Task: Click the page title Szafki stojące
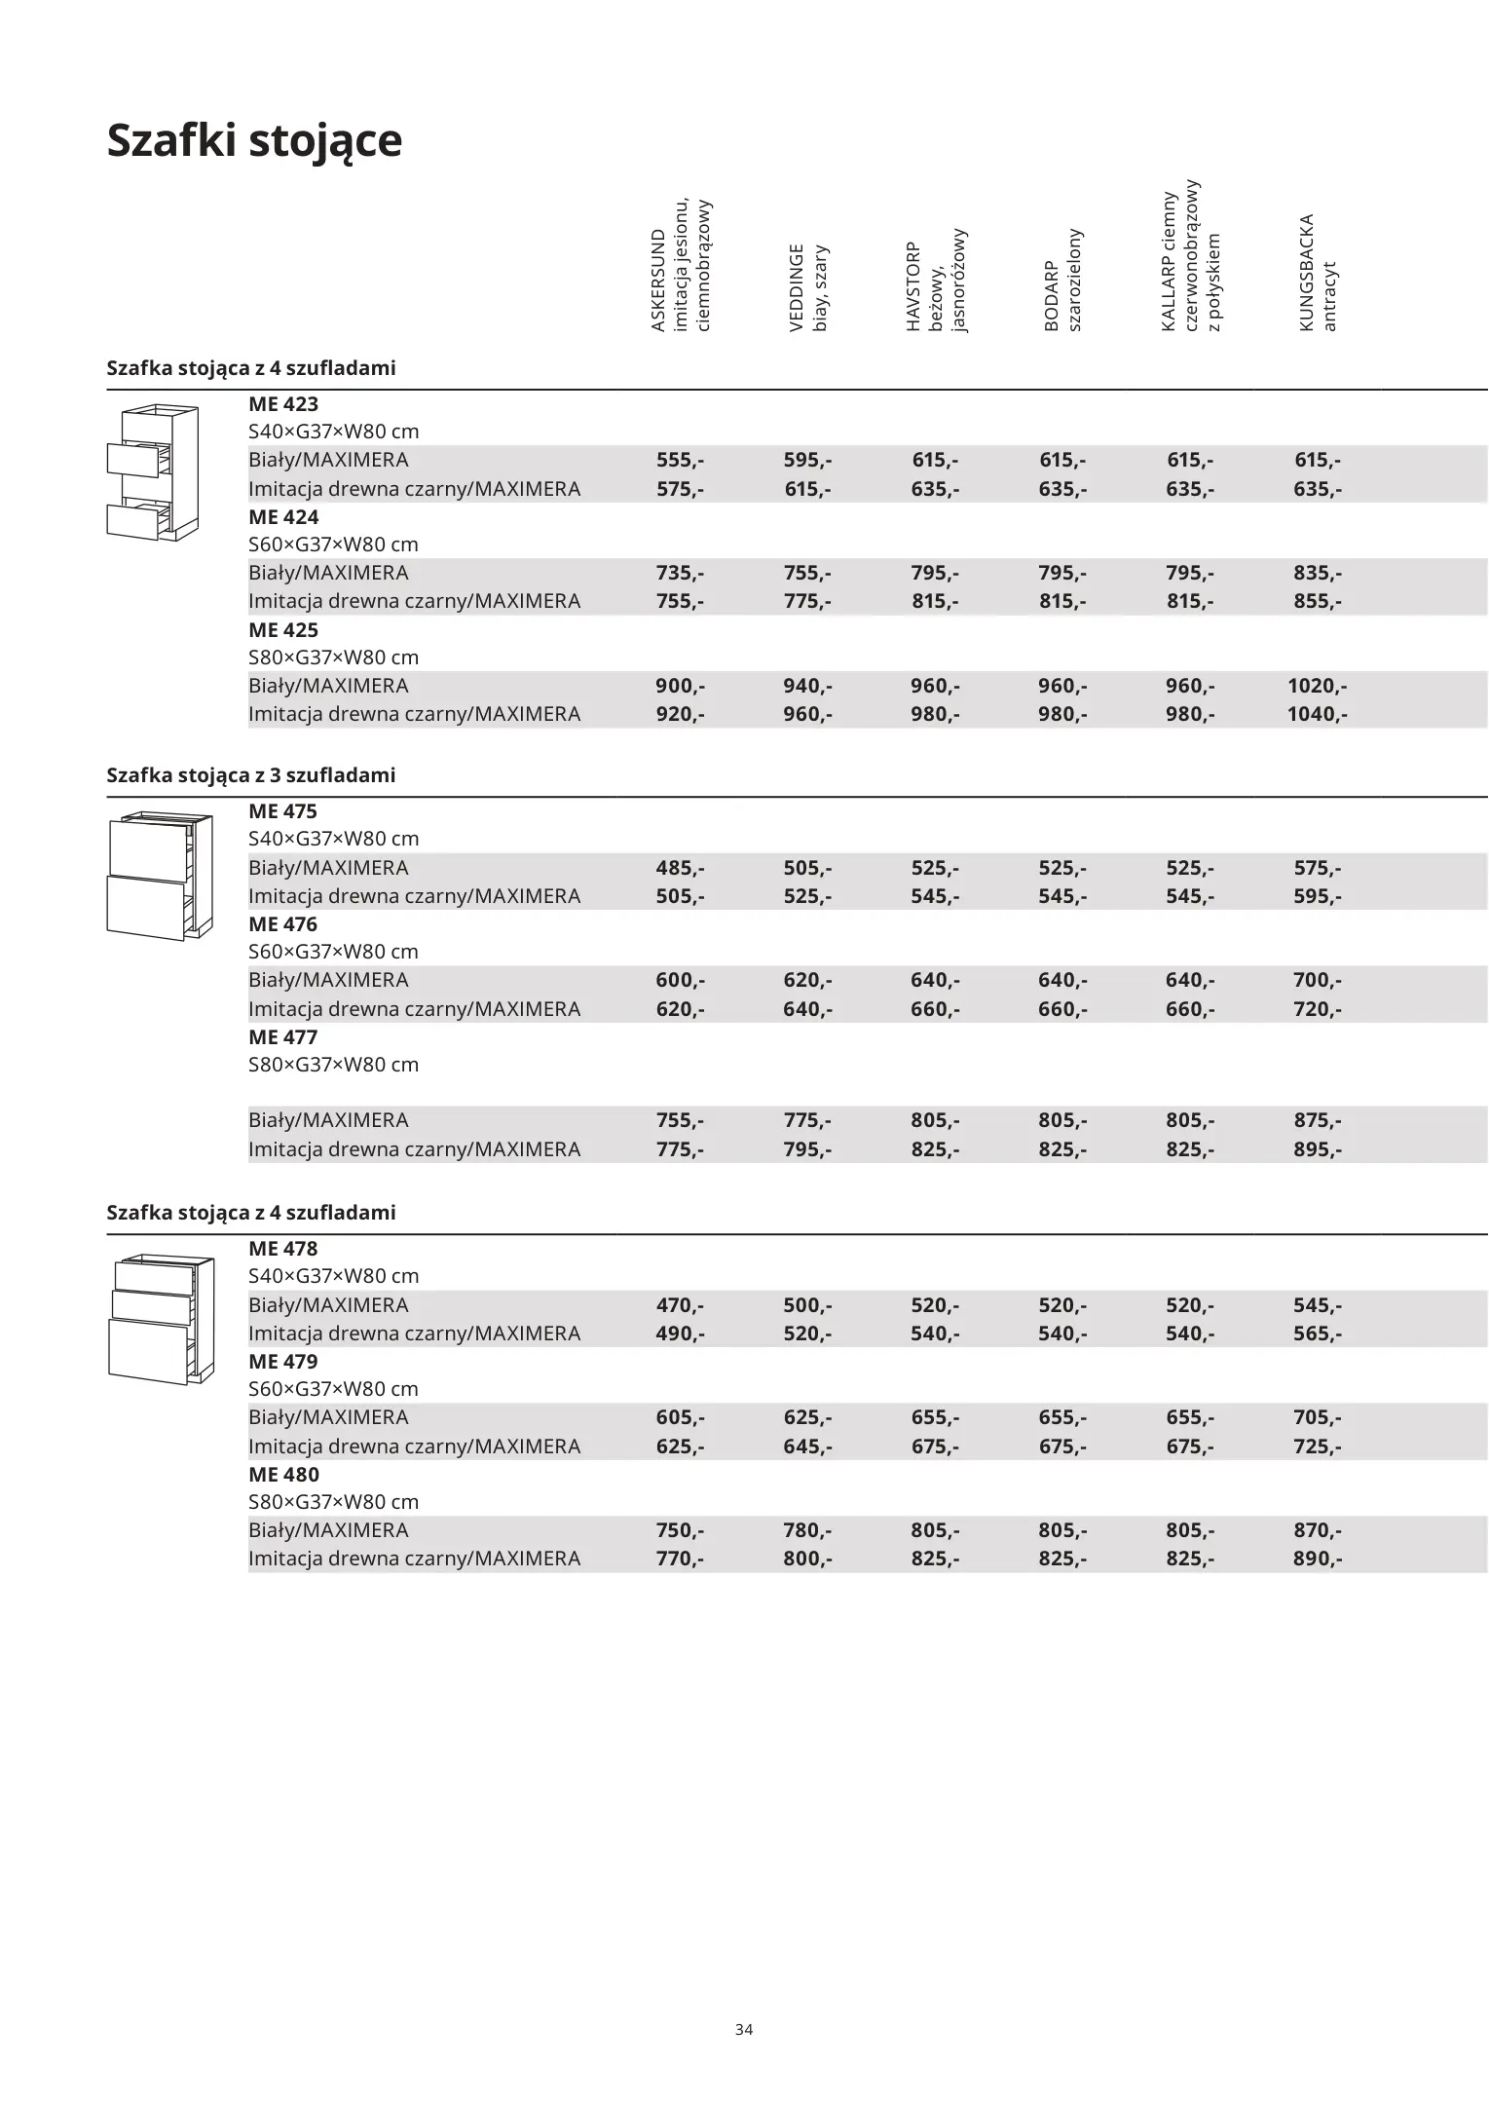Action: pyautogui.click(x=253, y=140)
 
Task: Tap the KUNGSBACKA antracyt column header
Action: pyautogui.click(x=1318, y=273)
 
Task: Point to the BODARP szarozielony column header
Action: pyautogui.click(x=1062, y=281)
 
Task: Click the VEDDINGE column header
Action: pyautogui.click(x=808, y=287)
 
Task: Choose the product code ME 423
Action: pyautogui.click(x=283, y=404)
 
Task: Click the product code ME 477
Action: pyautogui.click(x=283, y=1037)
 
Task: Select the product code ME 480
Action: pyautogui.click(x=283, y=1475)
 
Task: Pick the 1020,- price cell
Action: pyautogui.click(x=1317, y=686)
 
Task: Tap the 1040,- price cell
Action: pyautogui.click(x=1317, y=714)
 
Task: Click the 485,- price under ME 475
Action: pyautogui.click(x=680, y=868)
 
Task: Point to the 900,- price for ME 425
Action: pyautogui.click(x=680, y=686)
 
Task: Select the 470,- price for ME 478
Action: pyautogui.click(x=680, y=1305)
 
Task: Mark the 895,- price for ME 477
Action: pyautogui.click(x=1317, y=1149)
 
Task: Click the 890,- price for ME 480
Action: pyautogui.click(x=1317, y=1559)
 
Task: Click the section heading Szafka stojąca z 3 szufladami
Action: pyautogui.click(x=251, y=775)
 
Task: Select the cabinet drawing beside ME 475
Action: pyautogui.click(x=160, y=875)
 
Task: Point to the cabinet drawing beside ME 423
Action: pyautogui.click(x=153, y=472)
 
